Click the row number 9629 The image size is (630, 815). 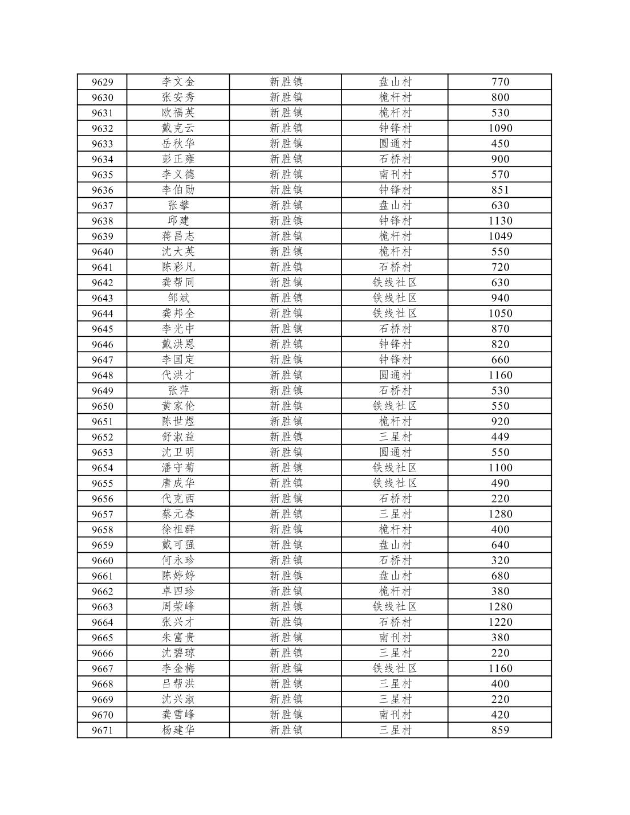point(102,82)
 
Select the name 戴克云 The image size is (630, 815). point(178,128)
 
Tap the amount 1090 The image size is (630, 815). point(500,128)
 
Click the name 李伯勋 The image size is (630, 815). point(178,190)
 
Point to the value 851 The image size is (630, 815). point(500,190)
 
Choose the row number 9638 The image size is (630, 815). point(102,221)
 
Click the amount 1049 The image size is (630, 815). point(500,237)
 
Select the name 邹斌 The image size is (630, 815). point(178,298)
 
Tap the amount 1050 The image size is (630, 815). point(500,313)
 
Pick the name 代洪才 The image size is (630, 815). point(178,375)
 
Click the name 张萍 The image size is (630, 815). point(178,390)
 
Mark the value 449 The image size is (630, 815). point(500,437)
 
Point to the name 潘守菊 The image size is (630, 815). point(178,468)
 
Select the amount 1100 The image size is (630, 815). point(500,468)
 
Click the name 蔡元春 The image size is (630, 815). point(178,514)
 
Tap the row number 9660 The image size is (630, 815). point(102,561)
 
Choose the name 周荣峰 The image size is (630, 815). point(178,607)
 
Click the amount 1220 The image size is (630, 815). point(500,622)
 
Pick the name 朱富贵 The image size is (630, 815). point(178,638)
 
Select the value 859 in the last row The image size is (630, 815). point(500,730)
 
